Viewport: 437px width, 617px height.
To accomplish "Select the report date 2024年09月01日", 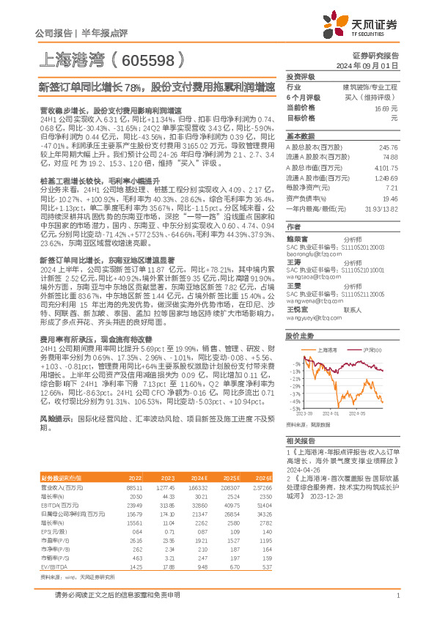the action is coord(372,66).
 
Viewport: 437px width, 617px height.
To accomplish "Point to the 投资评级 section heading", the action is coord(301,77).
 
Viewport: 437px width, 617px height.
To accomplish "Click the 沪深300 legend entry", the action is coord(373,350).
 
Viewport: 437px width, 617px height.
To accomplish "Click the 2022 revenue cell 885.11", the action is coord(134,487).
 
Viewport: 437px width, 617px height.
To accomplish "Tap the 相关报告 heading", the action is coord(301,441).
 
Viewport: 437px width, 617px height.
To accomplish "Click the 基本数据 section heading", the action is coord(301,136).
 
